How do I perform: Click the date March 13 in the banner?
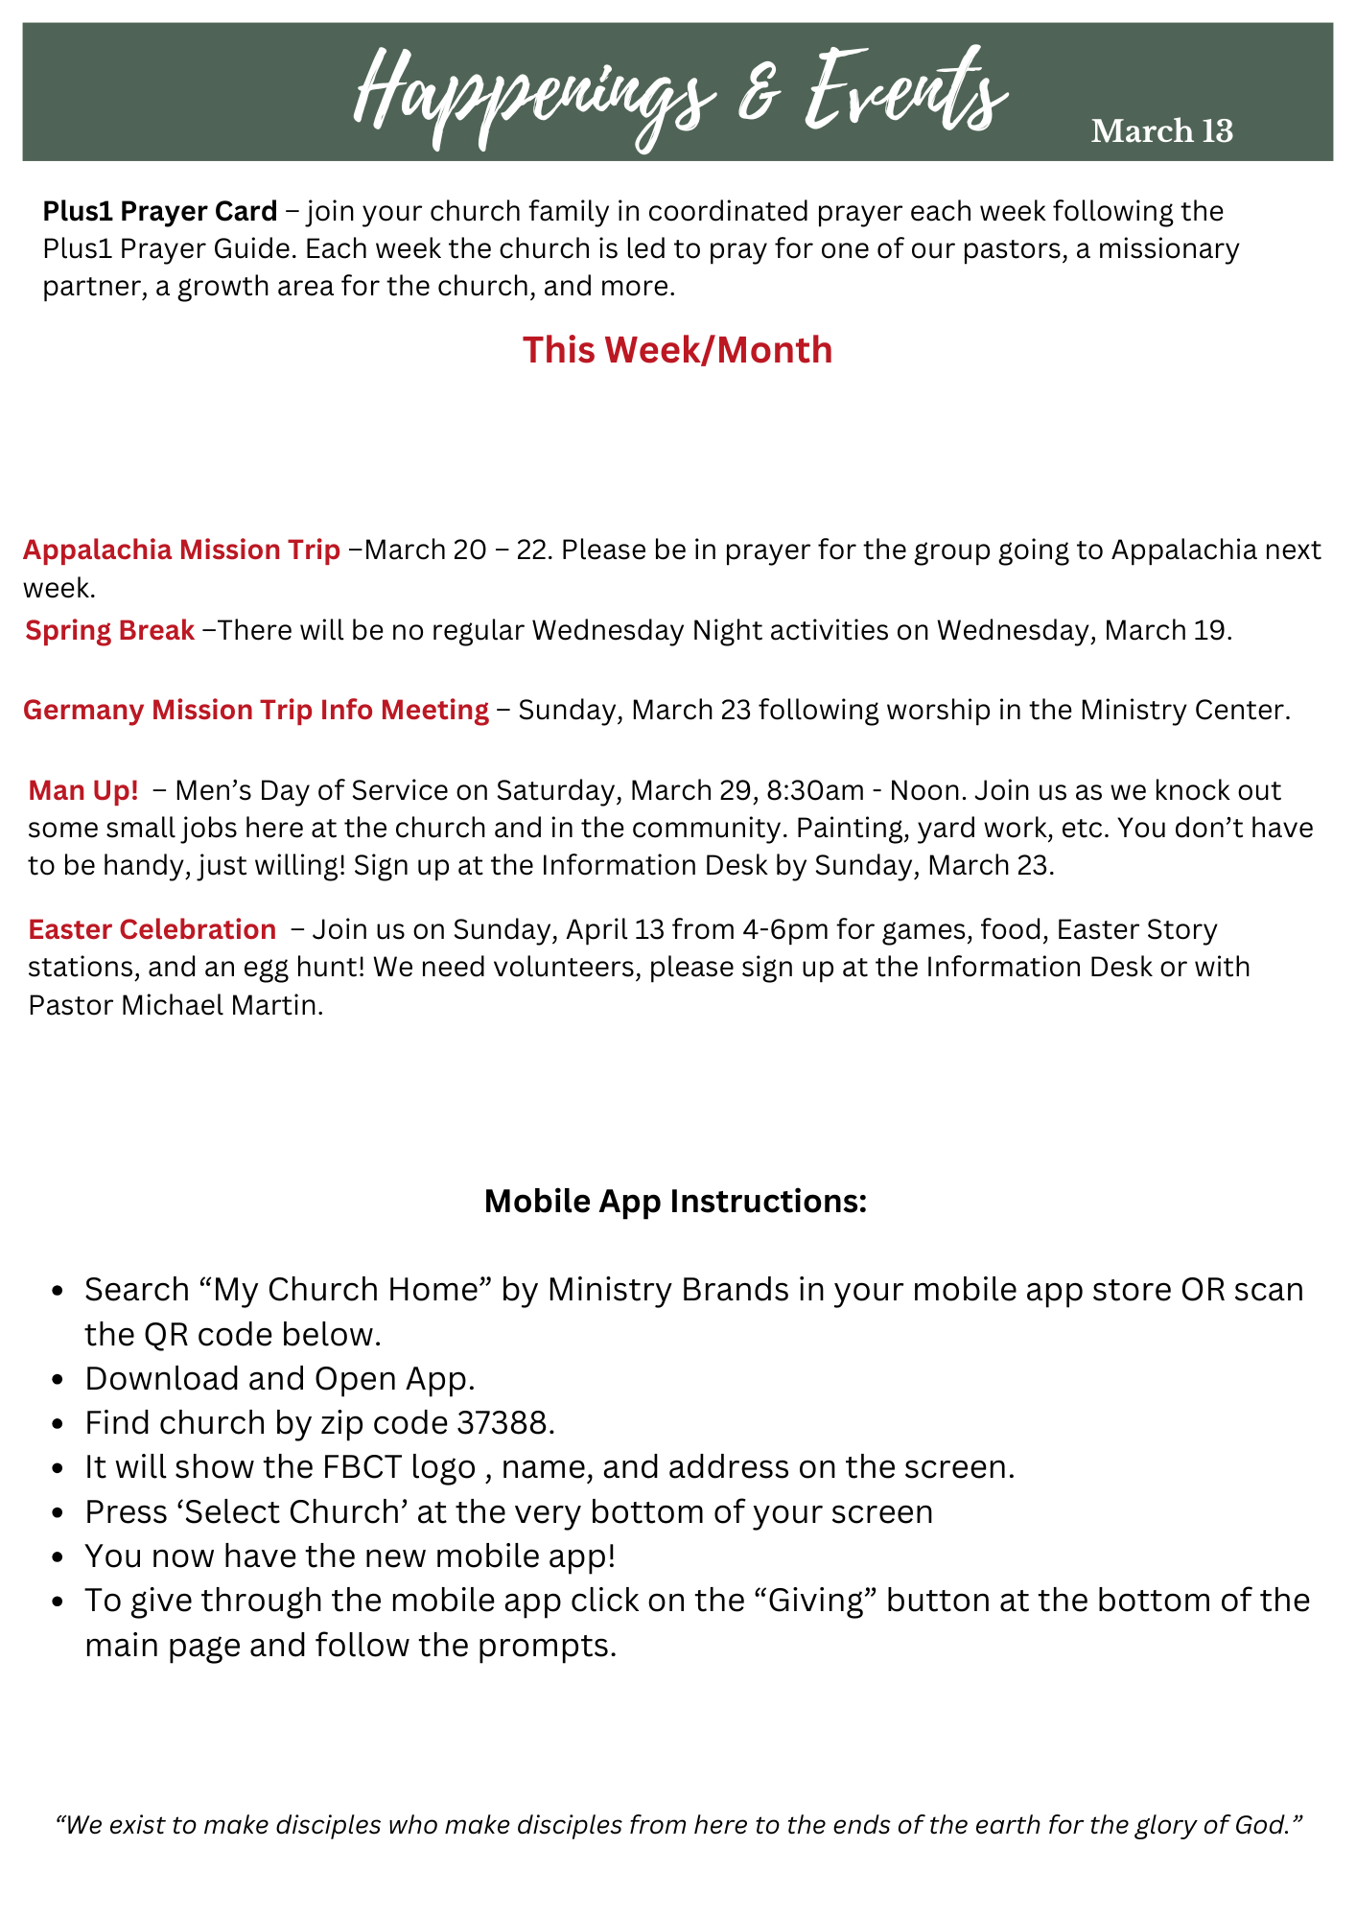[x=1161, y=131]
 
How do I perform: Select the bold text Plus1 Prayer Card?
[x=159, y=211]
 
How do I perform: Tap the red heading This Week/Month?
[x=677, y=350]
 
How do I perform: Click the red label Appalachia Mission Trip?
[x=181, y=550]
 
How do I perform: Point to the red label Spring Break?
[x=109, y=631]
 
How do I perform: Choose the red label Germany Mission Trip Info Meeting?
[x=255, y=711]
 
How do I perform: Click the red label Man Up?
[x=83, y=791]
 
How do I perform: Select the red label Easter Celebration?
[x=152, y=930]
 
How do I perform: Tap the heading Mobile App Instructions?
[x=675, y=1202]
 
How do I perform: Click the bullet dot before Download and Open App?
[x=58, y=1380]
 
